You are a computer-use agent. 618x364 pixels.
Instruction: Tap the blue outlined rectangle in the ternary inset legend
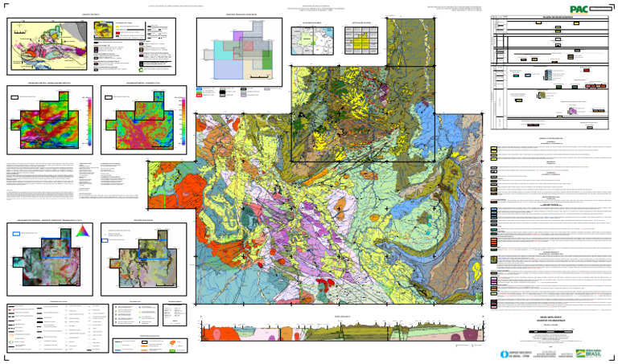(x=18, y=234)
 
